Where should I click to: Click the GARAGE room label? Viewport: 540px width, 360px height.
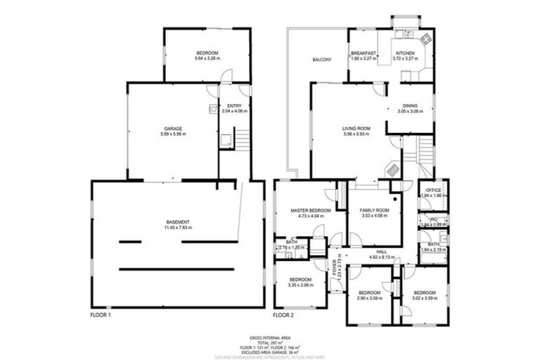click(x=174, y=129)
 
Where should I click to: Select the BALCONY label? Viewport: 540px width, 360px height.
click(x=322, y=59)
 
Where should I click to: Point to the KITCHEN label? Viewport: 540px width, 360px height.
click(x=405, y=53)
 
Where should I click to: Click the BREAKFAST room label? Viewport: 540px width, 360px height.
click(x=364, y=53)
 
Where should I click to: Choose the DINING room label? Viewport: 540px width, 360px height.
click(x=410, y=105)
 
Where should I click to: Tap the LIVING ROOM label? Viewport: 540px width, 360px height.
click(x=356, y=129)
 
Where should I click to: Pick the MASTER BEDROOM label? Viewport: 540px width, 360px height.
click(x=311, y=210)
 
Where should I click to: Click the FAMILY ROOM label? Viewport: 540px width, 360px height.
click(x=374, y=210)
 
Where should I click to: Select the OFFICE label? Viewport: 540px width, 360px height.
click(x=433, y=190)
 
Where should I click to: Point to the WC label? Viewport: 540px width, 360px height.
click(x=433, y=219)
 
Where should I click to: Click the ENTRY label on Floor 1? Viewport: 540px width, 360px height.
click(x=234, y=106)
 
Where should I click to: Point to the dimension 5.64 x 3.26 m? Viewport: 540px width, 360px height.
click(x=207, y=59)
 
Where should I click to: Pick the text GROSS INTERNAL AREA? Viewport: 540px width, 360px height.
click(x=270, y=337)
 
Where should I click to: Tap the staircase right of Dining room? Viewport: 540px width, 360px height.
click(x=425, y=149)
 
